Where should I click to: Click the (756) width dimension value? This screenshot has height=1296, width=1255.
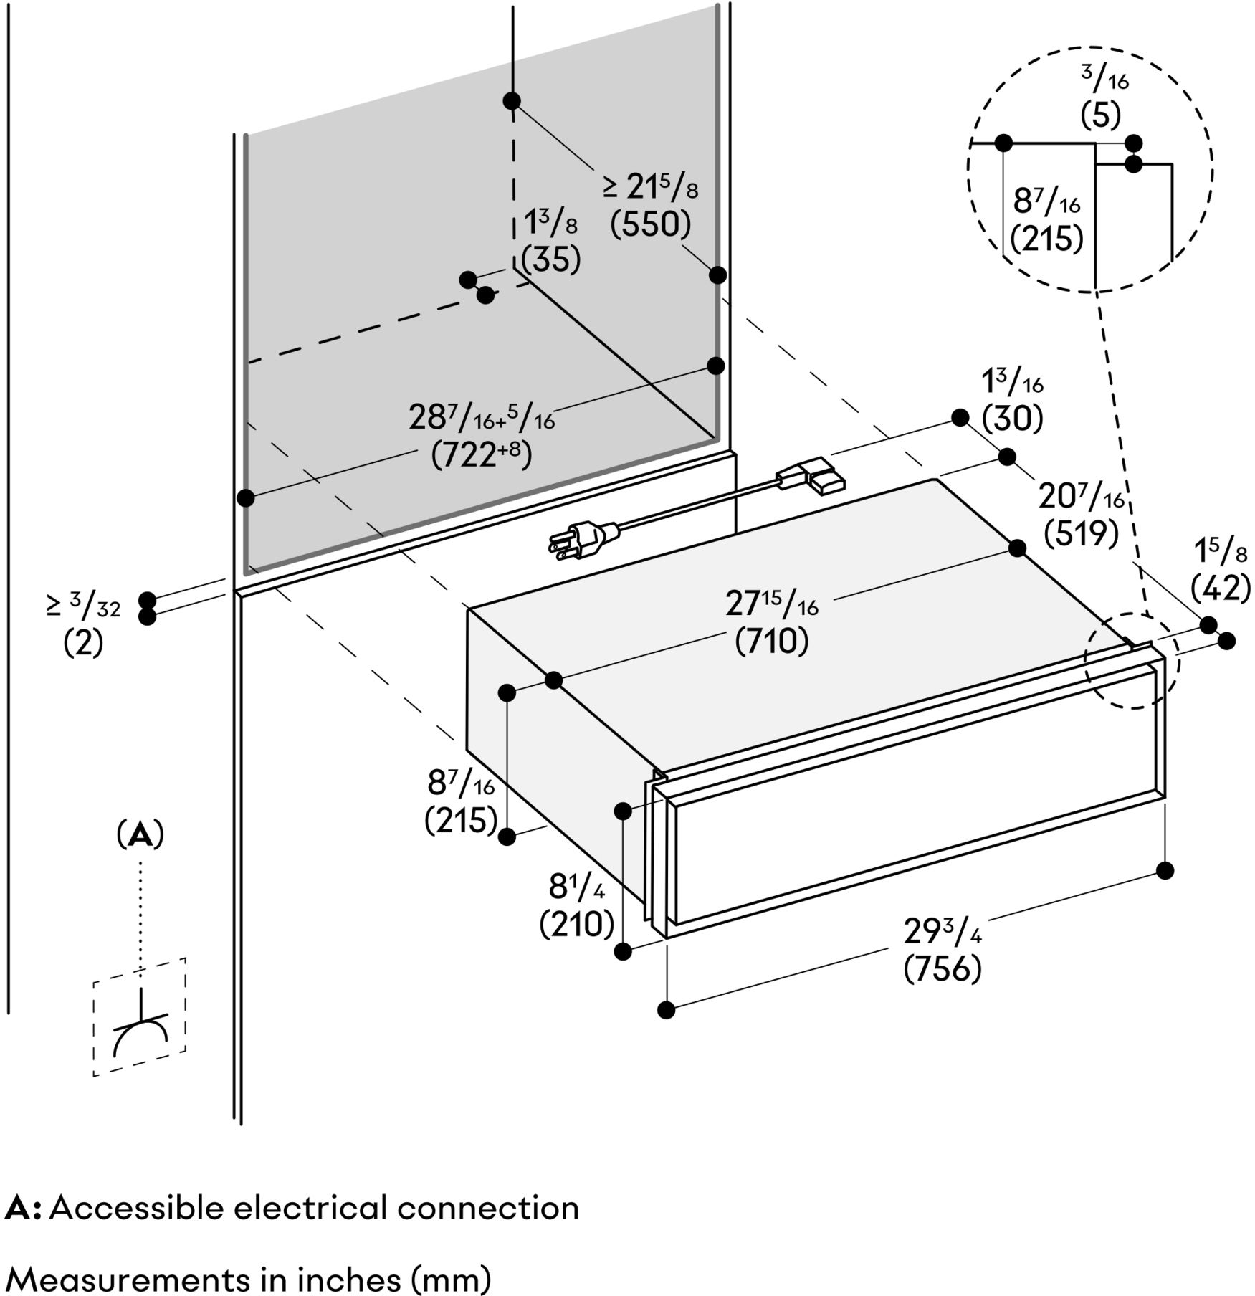(x=942, y=970)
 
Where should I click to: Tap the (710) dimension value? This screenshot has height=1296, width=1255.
(x=772, y=641)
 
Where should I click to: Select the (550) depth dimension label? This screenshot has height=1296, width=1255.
(x=650, y=225)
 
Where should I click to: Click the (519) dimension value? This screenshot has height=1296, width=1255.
(x=1081, y=533)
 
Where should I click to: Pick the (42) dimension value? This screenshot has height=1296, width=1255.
(x=1220, y=589)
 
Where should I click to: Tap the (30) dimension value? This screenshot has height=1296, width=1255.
(x=1012, y=418)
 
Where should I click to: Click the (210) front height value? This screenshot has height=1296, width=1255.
(x=576, y=925)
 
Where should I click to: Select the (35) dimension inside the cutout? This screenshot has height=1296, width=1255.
(x=550, y=259)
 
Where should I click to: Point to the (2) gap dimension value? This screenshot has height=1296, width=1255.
(x=84, y=643)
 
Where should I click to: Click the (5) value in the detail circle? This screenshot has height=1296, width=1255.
(x=1100, y=115)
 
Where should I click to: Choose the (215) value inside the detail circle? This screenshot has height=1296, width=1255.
(x=1046, y=239)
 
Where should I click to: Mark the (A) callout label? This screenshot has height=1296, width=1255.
(x=140, y=835)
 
